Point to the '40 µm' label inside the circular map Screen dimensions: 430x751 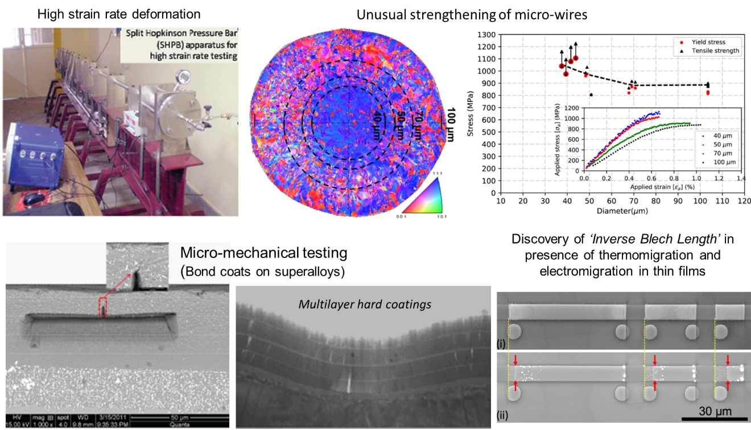[377, 120]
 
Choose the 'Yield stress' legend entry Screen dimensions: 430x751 [708, 42]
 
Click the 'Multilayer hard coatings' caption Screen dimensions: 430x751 [365, 304]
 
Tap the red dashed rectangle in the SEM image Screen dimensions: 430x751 [103, 306]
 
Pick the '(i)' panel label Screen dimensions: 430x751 [501, 343]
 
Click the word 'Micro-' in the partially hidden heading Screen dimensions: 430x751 [202, 253]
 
